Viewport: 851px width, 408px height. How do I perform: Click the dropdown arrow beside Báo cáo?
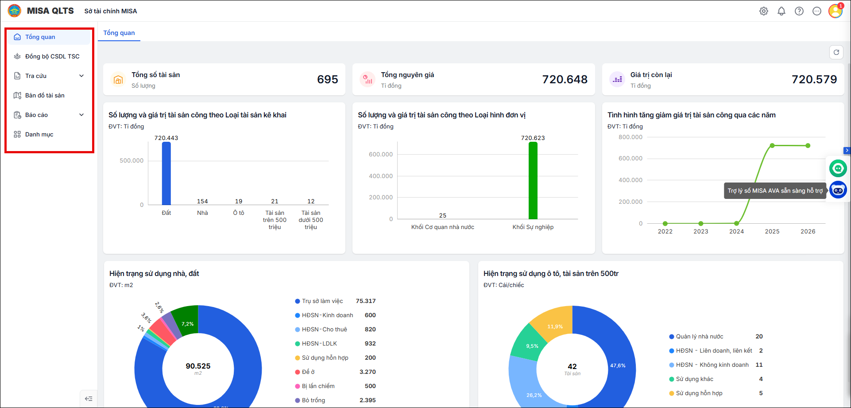tap(81, 115)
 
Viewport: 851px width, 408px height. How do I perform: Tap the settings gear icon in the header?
tap(764, 11)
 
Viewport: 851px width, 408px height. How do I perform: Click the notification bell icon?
tap(781, 11)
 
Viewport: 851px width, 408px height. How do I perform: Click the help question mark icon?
tap(799, 11)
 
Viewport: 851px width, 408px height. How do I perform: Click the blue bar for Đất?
tap(166, 173)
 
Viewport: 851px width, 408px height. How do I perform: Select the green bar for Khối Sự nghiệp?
tap(533, 180)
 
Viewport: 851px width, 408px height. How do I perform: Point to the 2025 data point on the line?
tap(772, 146)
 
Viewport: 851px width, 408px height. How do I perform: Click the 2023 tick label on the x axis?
tap(701, 231)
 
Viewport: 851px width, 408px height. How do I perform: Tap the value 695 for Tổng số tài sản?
tap(328, 79)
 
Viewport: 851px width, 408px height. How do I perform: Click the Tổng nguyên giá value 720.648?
tap(565, 79)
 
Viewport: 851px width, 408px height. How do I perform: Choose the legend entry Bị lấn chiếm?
tap(315, 386)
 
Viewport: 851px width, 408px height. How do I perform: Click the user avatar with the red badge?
tap(836, 11)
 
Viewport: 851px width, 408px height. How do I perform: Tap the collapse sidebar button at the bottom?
tap(89, 399)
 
